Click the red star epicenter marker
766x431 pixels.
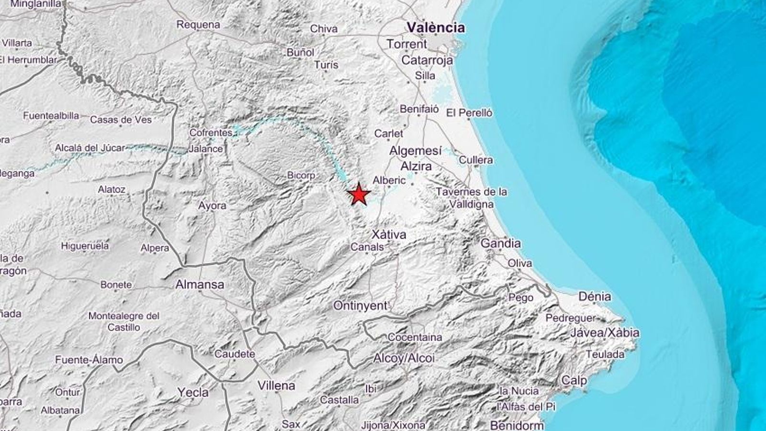click(359, 195)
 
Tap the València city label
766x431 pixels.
click(436, 27)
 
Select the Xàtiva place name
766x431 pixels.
click(389, 235)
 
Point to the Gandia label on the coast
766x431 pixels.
click(500, 243)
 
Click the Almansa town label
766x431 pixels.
click(200, 284)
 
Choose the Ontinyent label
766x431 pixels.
click(360, 306)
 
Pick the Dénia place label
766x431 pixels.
click(595, 296)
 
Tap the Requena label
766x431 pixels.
click(198, 24)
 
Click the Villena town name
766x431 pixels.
click(276, 385)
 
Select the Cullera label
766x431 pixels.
click(476, 160)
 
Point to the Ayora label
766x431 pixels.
click(212, 206)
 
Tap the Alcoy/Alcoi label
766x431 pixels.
click(404, 358)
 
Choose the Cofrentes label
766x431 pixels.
click(211, 132)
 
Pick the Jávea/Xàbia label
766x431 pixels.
click(605, 332)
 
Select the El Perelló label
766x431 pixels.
click(469, 113)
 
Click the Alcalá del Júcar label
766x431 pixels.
click(90, 148)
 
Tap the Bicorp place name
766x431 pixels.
click(301, 175)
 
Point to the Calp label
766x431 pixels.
click(574, 381)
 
